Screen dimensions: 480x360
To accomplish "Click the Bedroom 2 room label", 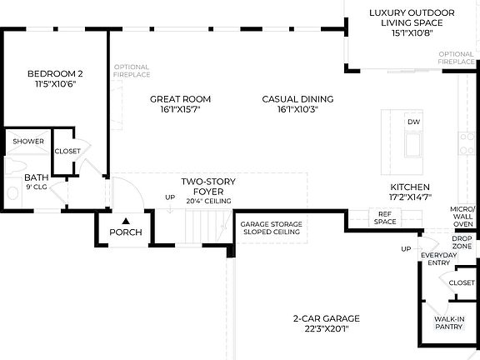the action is coord(55,74).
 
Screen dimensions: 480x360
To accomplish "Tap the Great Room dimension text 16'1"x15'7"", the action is coord(180,109).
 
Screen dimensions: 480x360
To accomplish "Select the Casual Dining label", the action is coord(297,99).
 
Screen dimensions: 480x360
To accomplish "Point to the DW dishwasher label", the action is coord(413,122).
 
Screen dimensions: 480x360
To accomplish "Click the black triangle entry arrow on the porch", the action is coord(126,221).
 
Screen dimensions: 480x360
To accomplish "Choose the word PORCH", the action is coord(126,232).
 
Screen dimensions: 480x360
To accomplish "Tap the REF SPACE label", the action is coord(385,217).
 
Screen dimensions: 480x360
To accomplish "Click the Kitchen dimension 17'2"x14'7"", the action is coord(410,197).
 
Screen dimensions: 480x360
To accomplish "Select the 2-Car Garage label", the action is coord(327,318).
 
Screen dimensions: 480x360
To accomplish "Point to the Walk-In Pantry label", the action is coord(449,322).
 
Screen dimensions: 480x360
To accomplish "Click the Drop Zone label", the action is coord(462,242).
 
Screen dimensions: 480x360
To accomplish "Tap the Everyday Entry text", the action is coord(438,258).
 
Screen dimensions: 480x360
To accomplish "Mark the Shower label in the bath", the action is coord(28,142).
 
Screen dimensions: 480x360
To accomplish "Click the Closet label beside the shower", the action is coord(67,151).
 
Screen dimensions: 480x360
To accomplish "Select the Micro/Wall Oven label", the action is coord(462,217).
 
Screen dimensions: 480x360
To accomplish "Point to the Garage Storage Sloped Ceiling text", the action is coord(271,228).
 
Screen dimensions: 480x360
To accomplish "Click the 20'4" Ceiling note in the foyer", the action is coord(209,201).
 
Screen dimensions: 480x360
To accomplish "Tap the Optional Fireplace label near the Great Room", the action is coord(132,71).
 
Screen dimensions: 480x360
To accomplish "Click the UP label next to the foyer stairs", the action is coord(170,197).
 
